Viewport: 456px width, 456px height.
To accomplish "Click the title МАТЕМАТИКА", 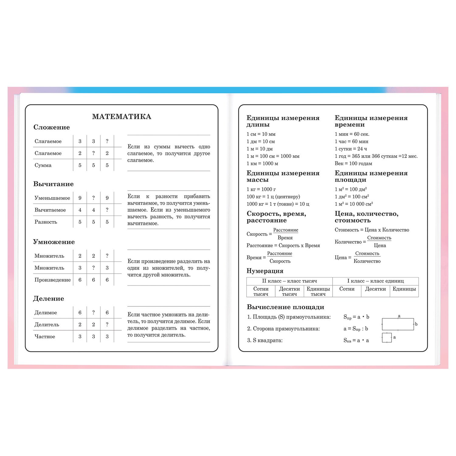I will pyautogui.click(x=122, y=117).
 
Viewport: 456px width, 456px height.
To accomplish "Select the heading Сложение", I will pyautogui.click(x=51, y=127).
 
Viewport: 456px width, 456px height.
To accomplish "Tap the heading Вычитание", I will pyautogui.click(x=53, y=184).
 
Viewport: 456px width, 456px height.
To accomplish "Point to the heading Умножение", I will pyautogui.click(x=54, y=242).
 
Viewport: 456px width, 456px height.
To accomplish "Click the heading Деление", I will pyautogui.click(x=48, y=299).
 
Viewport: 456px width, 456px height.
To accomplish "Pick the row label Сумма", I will pyautogui.click(x=43, y=165).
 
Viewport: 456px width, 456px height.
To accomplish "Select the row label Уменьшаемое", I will pyautogui.click(x=52, y=198).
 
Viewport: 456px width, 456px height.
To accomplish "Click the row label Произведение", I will pyautogui.click(x=52, y=280).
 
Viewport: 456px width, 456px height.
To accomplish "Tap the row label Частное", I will pyautogui.click(x=45, y=337).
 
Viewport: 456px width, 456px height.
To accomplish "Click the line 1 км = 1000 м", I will pyautogui.click(x=262, y=164).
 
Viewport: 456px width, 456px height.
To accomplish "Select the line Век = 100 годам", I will pyautogui.click(x=353, y=164).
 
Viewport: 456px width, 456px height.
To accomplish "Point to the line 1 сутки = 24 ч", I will pyautogui.click(x=351, y=149).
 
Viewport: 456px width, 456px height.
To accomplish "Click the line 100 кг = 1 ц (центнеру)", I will pyautogui.click(x=273, y=197).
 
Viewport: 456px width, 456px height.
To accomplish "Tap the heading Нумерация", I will pyautogui.click(x=265, y=271).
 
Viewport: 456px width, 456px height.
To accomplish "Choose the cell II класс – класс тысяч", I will pyautogui.click(x=289, y=281).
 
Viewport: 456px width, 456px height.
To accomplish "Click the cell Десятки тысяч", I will pyautogui.click(x=289, y=291).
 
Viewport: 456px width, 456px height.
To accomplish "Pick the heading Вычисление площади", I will pyautogui.click(x=285, y=307).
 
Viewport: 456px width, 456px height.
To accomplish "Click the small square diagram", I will pyautogui.click(x=387, y=338).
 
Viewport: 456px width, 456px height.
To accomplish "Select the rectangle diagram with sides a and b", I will pyautogui.click(x=398, y=324).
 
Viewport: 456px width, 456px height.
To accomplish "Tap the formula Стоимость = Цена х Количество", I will pyautogui.click(x=372, y=230).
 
